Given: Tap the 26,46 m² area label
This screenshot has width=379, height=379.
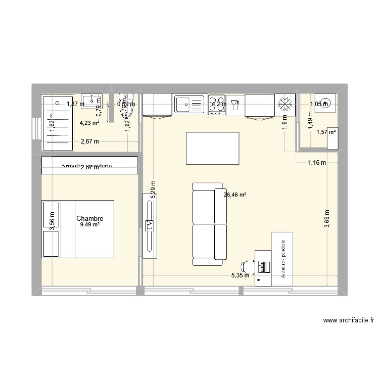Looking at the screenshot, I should pos(234,194).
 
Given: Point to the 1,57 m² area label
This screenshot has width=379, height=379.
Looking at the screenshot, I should pos(326,132).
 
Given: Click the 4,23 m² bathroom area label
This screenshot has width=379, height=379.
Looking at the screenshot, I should pos(89,122).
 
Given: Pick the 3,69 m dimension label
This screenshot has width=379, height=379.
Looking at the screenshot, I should pos(327,219).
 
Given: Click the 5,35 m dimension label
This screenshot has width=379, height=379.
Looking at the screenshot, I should pos(240,275).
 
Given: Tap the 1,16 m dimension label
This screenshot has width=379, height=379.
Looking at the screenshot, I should pos(317,162).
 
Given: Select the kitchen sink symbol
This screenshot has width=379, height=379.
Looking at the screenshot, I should pos(189,105).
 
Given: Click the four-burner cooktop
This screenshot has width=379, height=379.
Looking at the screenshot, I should pos(217,105).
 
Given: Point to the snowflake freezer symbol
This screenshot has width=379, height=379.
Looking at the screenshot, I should pos(285,105).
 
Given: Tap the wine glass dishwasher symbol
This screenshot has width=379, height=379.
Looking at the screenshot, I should pos(235,105).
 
